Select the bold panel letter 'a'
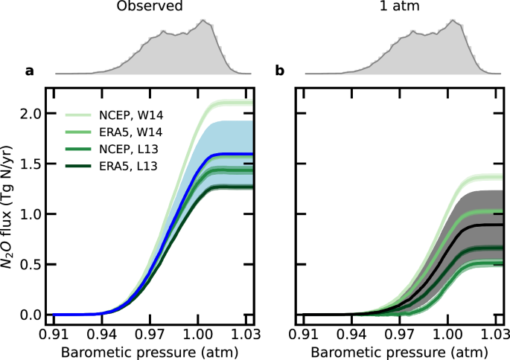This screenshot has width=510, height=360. (x=30, y=71)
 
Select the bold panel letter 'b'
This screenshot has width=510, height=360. (x=280, y=71)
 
